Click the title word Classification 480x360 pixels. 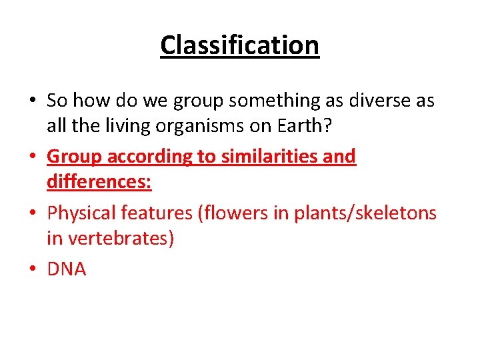coord(240,45)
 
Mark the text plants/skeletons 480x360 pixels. coord(369,213)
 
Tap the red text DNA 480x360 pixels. coord(67,269)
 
